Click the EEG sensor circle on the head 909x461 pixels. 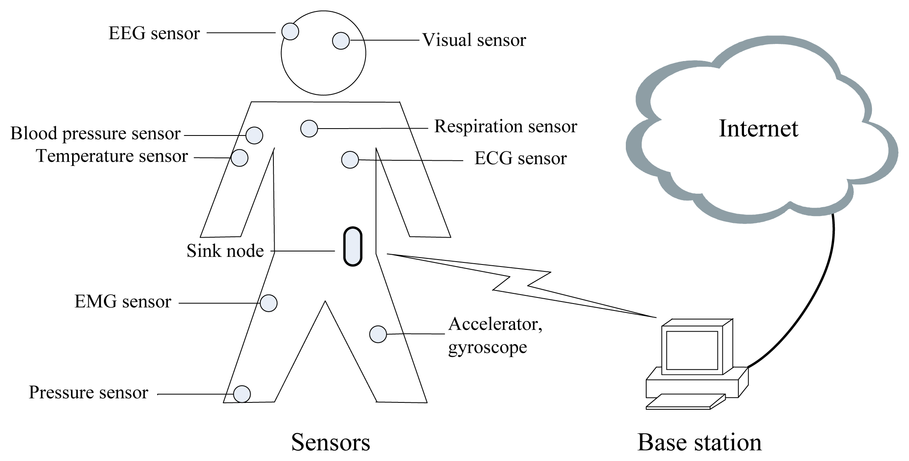point(290,31)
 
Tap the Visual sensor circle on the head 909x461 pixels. point(341,41)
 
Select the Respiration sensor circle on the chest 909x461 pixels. point(309,129)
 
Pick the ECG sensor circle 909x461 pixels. point(350,160)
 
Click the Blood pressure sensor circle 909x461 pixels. point(254,135)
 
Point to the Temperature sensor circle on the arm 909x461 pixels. point(240,158)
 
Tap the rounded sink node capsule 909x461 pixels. point(352,247)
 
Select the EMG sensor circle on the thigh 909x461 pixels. point(269,303)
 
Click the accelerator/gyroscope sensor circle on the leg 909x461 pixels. point(378,334)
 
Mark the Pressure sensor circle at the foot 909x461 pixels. point(242,394)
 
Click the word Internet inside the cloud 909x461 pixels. point(758,129)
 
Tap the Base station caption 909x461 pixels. point(699,442)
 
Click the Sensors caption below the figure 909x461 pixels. point(330,442)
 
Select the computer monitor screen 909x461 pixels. point(692,350)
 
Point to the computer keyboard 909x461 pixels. point(686,401)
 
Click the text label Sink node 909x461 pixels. point(225,251)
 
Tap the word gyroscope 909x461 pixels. point(487,347)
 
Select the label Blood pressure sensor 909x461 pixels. point(95,133)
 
